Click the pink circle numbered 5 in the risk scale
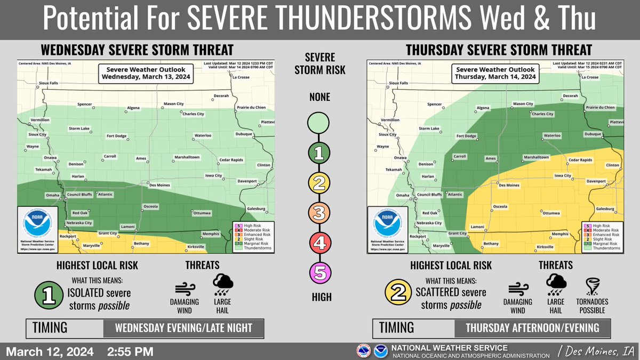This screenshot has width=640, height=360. point(319,274)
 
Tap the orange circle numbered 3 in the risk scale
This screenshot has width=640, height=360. point(319,214)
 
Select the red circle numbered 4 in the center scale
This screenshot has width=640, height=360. point(319,244)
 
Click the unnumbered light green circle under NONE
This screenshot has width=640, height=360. point(319,124)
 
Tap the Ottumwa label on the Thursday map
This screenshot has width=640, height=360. point(551,213)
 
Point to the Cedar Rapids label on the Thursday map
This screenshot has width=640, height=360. point(580,160)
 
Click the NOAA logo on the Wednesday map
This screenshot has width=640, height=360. point(37,224)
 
